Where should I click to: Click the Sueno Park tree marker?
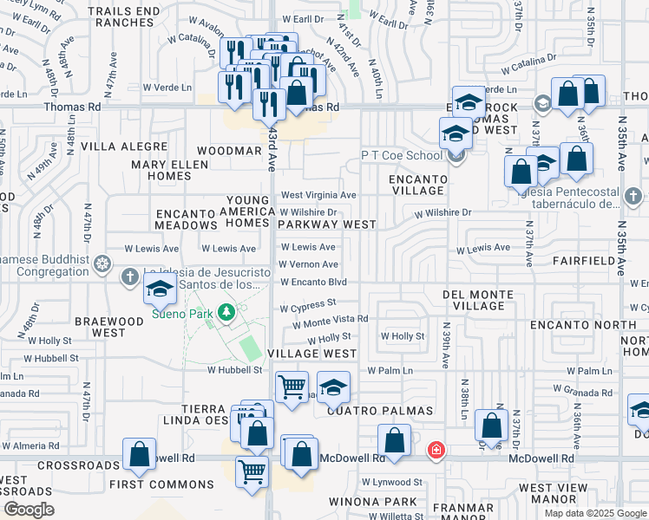click(226, 311)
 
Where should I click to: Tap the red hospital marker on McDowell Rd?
click(436, 451)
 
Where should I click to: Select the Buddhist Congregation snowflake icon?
click(103, 263)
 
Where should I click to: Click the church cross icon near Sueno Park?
click(130, 277)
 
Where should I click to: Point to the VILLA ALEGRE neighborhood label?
click(124, 147)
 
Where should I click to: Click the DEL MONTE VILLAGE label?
click(484, 300)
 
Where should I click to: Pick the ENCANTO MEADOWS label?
click(184, 218)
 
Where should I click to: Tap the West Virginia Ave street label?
click(318, 196)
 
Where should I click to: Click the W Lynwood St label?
click(391, 482)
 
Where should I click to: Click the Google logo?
click(28, 510)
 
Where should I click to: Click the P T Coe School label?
click(401, 155)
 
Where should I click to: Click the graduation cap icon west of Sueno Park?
click(160, 291)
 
